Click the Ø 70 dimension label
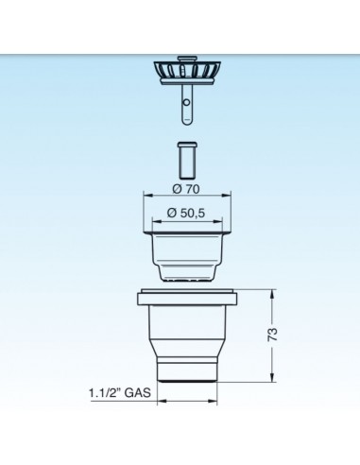coord(186,189)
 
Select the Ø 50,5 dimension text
coord(186,214)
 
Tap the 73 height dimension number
coord(273,335)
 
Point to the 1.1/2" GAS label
coord(120,393)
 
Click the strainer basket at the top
coord(187,73)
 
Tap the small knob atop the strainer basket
coord(187,59)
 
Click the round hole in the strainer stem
coord(187,102)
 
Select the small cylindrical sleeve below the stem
coord(187,161)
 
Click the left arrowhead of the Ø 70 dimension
coord(147,196)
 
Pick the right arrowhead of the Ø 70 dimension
coord(227,196)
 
